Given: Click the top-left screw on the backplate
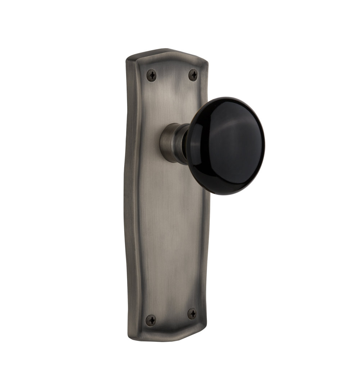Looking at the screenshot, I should [152, 75].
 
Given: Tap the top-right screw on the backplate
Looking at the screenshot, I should [193, 75].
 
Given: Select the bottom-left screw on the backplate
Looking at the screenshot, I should [151, 320].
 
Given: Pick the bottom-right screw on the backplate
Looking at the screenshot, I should [192, 314].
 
